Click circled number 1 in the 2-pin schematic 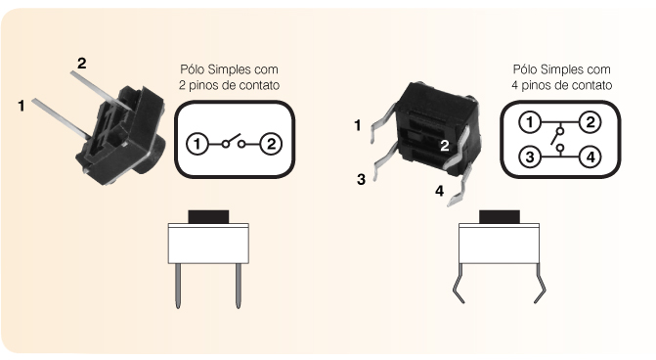click(x=197, y=145)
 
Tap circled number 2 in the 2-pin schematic click(x=271, y=145)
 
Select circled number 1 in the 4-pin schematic click(x=530, y=122)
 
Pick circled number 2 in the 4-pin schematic click(x=590, y=122)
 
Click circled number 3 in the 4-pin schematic click(x=530, y=157)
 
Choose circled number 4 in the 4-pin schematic click(x=590, y=157)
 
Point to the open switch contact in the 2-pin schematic click(x=234, y=142)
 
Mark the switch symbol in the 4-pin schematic click(x=558, y=139)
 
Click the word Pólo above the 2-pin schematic click(x=192, y=69)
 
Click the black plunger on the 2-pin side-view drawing click(x=208, y=217)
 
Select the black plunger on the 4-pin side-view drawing click(x=500, y=217)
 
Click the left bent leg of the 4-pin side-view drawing click(x=459, y=284)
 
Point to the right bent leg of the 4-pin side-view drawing click(x=540, y=284)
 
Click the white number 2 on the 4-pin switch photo click(x=444, y=145)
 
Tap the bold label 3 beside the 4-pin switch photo click(x=361, y=179)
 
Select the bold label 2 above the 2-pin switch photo click(x=81, y=64)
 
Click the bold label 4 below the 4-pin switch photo click(x=439, y=191)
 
